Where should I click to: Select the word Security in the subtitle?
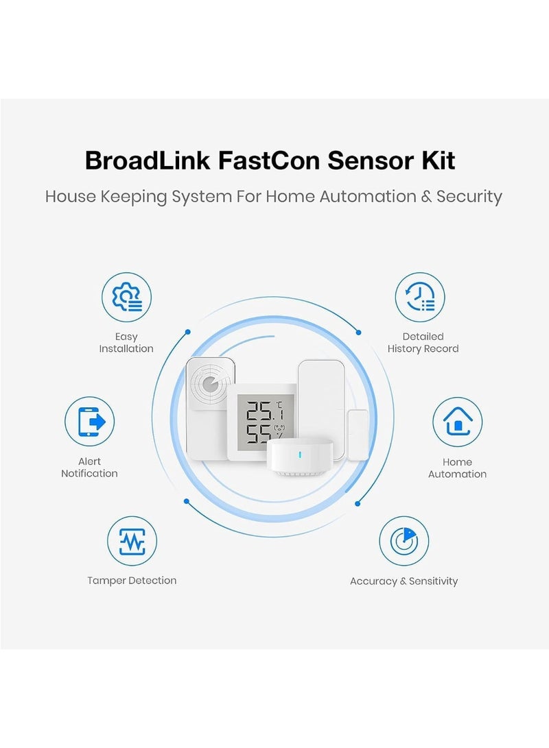[469, 197]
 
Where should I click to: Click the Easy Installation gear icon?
[126, 298]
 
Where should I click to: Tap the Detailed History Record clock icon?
[420, 298]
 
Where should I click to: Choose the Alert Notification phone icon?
[90, 422]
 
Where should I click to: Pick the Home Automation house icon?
[457, 422]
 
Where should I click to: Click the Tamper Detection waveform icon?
[132, 542]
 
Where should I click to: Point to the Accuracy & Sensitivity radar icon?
[404, 542]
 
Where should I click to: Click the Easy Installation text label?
[126, 343]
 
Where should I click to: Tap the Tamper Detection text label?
[132, 581]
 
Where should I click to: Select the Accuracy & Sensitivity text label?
[404, 581]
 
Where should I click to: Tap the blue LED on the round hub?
[298, 455]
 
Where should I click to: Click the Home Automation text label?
[457, 468]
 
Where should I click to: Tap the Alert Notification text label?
[90, 468]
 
